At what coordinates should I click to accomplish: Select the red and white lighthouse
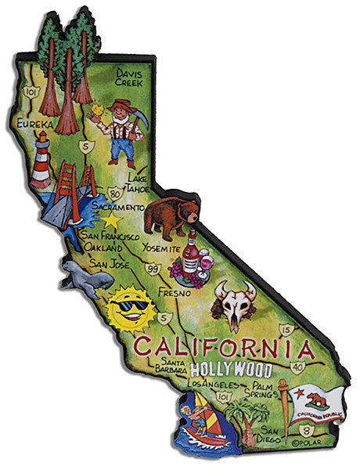tap(41, 159)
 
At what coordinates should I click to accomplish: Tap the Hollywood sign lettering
tap(232, 369)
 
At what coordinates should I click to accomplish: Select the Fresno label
tap(171, 291)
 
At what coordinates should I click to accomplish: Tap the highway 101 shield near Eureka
tap(31, 92)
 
